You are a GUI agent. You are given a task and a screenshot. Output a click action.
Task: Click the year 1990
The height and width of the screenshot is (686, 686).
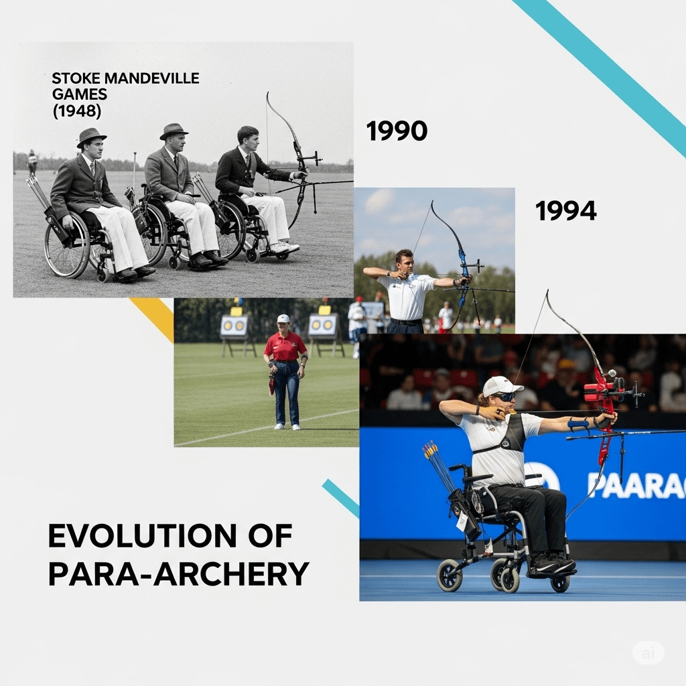coord(397,131)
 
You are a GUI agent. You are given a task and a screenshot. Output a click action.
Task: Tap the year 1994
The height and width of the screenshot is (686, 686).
coord(565,211)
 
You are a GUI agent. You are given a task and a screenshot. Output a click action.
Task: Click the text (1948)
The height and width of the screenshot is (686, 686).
coord(76,111)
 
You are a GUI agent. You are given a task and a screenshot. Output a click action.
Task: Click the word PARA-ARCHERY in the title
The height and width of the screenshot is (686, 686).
coord(178,573)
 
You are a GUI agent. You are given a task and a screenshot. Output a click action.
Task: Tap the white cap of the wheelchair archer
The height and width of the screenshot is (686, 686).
coord(502,387)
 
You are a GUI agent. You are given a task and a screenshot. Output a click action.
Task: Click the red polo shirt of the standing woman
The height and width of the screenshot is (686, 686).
coord(285,346)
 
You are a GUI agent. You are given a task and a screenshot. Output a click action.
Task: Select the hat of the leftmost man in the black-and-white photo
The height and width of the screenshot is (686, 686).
coord(91,137)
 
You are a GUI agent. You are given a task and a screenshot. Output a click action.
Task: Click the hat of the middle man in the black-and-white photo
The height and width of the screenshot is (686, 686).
coord(174,131)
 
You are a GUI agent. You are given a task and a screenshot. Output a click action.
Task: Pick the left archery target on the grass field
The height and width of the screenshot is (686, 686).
coord(234,326)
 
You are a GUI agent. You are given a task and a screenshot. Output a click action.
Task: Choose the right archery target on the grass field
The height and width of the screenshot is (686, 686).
coord(323,325)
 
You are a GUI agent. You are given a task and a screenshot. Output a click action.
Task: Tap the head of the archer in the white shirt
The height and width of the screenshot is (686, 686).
coord(404,261)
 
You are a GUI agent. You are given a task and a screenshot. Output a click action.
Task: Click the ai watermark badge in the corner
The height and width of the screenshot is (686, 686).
coord(648,654)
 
